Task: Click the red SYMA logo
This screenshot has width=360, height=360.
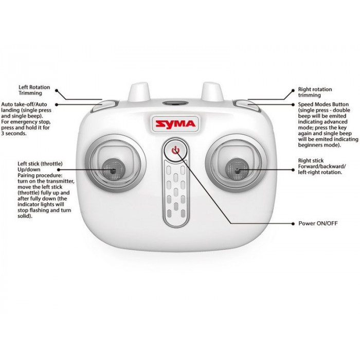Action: click(x=175, y=124)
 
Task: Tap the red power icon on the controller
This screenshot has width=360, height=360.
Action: click(x=176, y=151)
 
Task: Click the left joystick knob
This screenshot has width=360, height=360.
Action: click(x=113, y=170)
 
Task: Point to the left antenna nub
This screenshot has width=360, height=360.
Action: click(x=138, y=92)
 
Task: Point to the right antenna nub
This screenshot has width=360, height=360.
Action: click(x=212, y=92)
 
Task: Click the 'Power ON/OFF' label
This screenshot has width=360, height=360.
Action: click(x=318, y=223)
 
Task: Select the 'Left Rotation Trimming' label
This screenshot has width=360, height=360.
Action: click(x=34, y=90)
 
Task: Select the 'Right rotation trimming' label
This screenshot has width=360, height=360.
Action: click(x=315, y=92)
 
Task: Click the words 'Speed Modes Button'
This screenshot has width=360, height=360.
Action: click(x=323, y=104)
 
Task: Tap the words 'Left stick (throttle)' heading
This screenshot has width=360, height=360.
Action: click(x=40, y=164)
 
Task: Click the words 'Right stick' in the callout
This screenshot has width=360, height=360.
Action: click(x=311, y=160)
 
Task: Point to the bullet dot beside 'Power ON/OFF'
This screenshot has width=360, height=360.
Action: click(x=293, y=224)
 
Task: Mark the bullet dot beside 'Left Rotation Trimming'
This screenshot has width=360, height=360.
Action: click(x=57, y=91)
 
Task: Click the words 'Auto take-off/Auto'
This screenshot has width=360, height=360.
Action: click(x=24, y=104)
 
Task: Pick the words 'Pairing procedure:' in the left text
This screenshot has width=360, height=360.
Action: click(x=40, y=175)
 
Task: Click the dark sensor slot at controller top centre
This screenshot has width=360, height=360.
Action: click(x=176, y=103)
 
